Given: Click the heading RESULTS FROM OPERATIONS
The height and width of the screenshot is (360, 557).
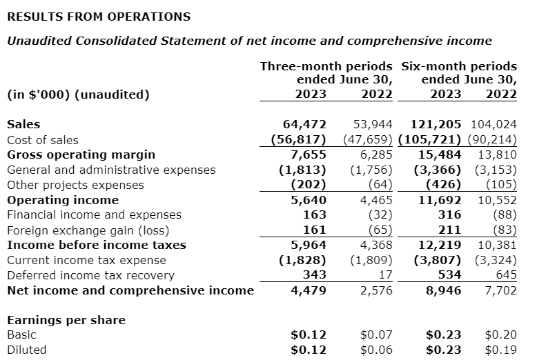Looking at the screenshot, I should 98,16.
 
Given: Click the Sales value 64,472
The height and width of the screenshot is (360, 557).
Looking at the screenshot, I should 304,124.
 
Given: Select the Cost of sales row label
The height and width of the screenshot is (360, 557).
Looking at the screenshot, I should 42,139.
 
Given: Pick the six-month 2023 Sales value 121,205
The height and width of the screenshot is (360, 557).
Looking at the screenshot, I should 436,124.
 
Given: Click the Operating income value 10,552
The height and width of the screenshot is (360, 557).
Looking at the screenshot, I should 496,200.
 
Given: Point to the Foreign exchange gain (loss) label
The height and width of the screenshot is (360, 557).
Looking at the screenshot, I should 88,230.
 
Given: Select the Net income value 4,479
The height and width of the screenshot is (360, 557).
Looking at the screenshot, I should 309,290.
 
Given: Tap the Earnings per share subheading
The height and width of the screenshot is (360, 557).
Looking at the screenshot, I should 66,320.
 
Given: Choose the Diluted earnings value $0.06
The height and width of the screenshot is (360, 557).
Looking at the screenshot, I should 376,350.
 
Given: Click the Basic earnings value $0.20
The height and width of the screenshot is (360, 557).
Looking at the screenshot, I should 500,334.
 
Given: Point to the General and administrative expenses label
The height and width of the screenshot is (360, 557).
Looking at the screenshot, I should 110,170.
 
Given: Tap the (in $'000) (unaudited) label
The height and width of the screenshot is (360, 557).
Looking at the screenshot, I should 78,94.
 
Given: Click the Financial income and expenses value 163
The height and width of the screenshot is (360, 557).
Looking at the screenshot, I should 314,215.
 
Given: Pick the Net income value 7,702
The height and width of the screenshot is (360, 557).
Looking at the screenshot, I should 500,290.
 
